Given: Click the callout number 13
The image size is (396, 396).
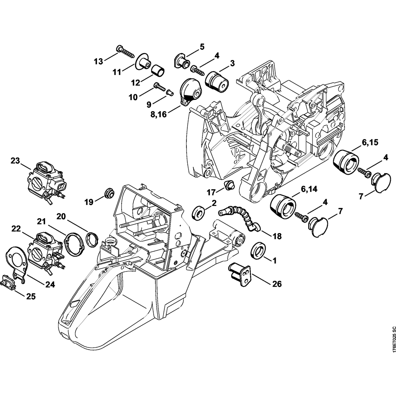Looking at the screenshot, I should (x=98, y=61).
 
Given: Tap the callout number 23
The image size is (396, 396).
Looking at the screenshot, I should (x=15, y=161).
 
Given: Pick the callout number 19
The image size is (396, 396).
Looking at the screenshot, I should (x=88, y=202).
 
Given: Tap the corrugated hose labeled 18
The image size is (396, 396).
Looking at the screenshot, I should (x=240, y=217).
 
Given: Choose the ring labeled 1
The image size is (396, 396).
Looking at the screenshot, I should (x=259, y=250).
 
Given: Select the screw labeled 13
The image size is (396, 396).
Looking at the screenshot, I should (x=126, y=52).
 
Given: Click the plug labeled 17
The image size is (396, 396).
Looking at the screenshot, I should (x=228, y=185).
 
